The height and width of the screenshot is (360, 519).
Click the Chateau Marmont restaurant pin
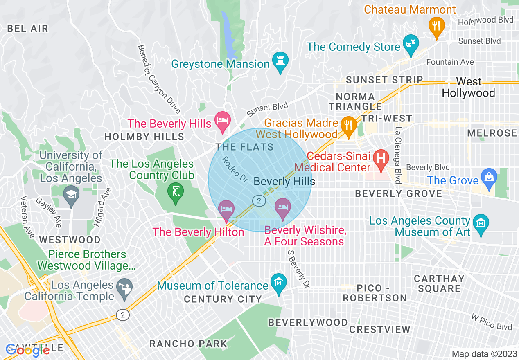click(437, 25)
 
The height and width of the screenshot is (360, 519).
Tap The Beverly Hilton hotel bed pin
click(226, 209)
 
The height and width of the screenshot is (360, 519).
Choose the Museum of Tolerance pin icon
click(279, 283)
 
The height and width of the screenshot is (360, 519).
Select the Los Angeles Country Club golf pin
click(176, 191)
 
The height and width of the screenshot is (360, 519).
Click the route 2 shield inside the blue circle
click(259, 201)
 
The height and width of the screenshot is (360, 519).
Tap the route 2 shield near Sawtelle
click(122, 315)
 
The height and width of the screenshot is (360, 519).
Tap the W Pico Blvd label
click(491, 322)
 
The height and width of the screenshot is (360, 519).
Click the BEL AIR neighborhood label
click(28, 28)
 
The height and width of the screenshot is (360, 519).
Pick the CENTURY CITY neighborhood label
click(223, 299)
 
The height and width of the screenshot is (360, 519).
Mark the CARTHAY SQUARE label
click(439, 283)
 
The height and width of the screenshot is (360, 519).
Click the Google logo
click(28, 350)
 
